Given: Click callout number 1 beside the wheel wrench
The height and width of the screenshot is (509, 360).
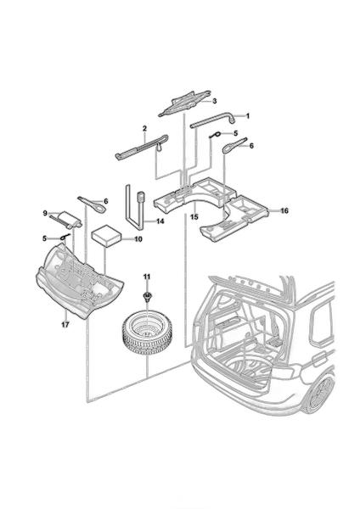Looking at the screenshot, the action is tap(248, 116).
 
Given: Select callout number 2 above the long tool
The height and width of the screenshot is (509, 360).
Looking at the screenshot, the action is tap(144, 129).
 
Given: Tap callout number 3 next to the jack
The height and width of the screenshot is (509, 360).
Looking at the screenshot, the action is tap(215, 101).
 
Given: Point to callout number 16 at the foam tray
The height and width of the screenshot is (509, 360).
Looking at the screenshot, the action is tap(284, 211).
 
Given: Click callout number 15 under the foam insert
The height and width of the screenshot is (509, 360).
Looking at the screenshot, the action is tap(194, 217).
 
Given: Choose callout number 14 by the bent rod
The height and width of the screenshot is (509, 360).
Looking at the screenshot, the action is tap(160, 221).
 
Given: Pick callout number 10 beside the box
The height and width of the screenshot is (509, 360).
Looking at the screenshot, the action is tap(138, 239).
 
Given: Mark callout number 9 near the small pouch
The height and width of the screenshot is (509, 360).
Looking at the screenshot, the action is tap(45, 213).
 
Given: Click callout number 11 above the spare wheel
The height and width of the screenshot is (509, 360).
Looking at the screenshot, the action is tap(147, 277).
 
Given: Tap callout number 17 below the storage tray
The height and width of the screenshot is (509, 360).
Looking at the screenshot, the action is tap(65, 324).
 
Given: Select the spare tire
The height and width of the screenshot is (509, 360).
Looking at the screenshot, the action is tap(147, 333).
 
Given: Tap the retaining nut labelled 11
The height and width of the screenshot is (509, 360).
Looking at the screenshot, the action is tap(147, 296).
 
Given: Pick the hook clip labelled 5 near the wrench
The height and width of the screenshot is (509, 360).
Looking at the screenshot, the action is tap(216, 134).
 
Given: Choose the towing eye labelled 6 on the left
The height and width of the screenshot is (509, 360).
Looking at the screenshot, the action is tap(92, 204).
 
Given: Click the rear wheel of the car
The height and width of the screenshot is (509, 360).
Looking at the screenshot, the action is tap(321, 393).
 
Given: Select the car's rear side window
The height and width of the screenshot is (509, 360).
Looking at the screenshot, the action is tap(322, 325).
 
